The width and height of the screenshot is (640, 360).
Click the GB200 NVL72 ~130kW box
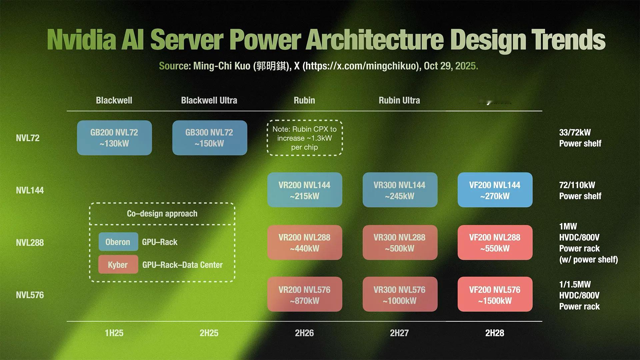tap(114, 138)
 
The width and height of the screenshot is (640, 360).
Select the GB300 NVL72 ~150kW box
tap(210, 138)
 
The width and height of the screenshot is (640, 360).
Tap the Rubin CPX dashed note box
tap(305, 138)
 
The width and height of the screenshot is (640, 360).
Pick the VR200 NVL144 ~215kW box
tap(305, 190)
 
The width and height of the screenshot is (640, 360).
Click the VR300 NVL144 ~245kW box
tap(400, 190)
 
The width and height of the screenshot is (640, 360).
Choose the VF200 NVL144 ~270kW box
tap(495, 190)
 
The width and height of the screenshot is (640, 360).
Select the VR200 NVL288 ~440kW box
tap(305, 242)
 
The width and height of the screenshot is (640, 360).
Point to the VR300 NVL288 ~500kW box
tap(400, 242)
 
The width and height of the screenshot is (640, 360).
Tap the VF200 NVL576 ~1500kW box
tap(495, 294)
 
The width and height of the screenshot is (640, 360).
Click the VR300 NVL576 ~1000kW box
tap(400, 294)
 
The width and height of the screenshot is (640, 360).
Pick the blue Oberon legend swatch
tap(118, 242)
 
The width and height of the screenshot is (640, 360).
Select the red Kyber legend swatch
tap(118, 264)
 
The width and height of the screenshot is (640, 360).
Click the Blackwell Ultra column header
tap(209, 100)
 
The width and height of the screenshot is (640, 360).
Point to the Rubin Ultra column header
tap(399, 100)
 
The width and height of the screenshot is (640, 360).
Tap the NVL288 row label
tap(30, 243)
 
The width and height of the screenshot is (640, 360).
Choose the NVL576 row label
tap(30, 295)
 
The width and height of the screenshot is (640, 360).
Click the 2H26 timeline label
tap(304, 333)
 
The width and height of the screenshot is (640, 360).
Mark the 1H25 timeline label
tap(114, 333)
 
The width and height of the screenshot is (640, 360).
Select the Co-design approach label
tap(162, 214)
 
